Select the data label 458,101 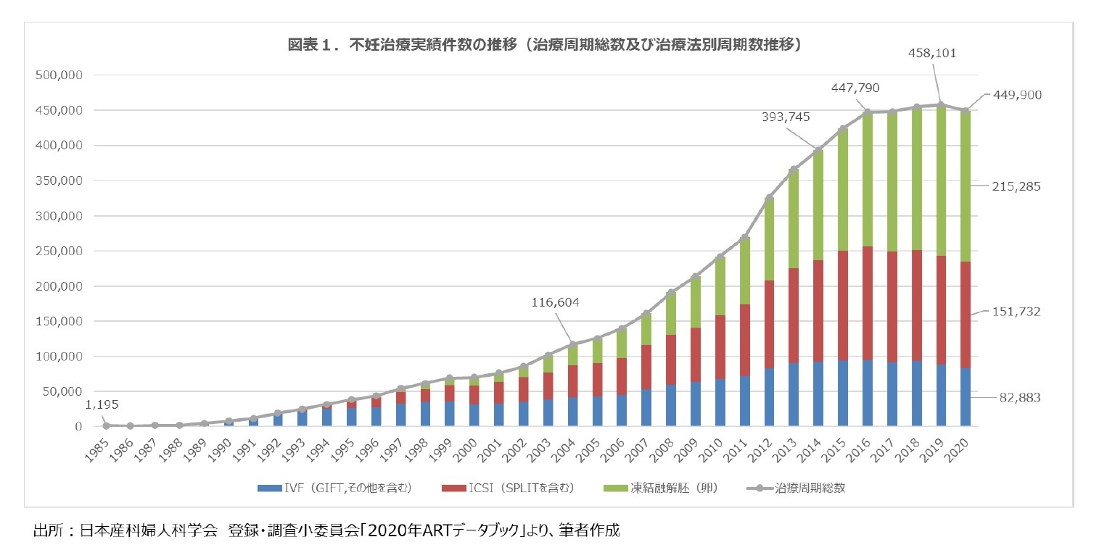click(x=934, y=53)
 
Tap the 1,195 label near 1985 click(x=101, y=404)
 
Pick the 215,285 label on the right click(x=1016, y=186)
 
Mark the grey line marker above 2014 click(x=818, y=151)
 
